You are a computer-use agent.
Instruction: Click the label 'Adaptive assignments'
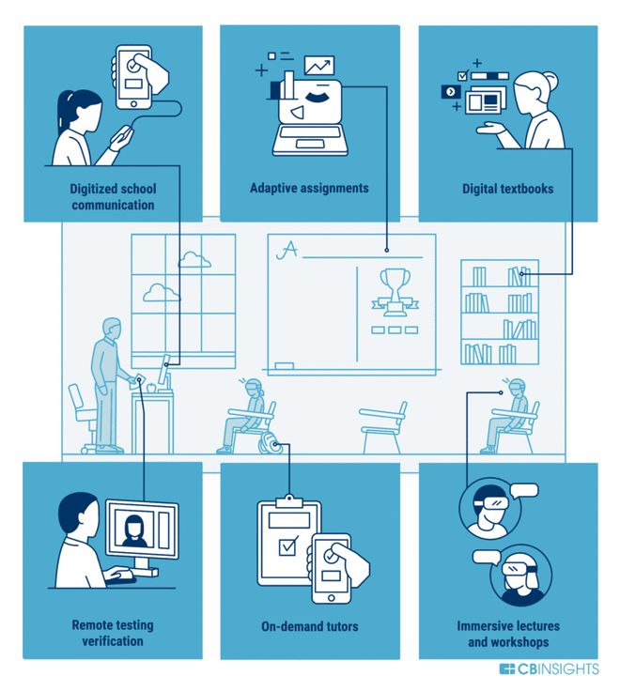[309, 188]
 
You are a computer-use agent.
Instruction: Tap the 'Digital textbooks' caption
[507, 189]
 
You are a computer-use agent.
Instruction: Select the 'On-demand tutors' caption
[310, 626]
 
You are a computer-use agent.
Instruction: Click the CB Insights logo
[549, 669]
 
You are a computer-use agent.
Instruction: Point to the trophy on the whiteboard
[395, 292]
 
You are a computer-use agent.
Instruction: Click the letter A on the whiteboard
[287, 250]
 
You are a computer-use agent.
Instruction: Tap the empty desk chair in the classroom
[382, 427]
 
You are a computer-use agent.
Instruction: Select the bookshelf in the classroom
[500, 312]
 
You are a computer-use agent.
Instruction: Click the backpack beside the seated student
[268, 442]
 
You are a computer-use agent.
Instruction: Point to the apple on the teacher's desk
[151, 388]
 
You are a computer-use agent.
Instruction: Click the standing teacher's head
[112, 328]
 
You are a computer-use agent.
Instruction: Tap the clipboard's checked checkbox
[288, 546]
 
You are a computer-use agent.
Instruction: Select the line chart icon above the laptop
[319, 66]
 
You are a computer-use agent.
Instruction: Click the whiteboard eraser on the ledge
[284, 365]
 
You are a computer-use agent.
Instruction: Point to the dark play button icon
[451, 92]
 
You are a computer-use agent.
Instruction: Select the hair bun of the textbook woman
[550, 80]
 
